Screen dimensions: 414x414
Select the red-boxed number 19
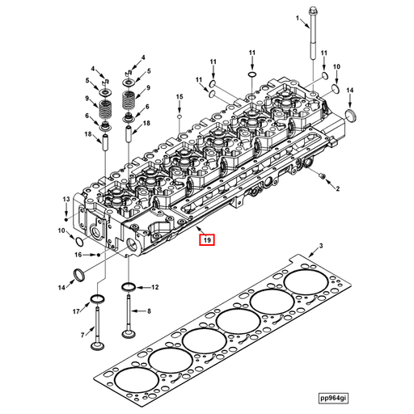click(x=207, y=239)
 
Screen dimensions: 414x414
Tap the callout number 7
click(x=82, y=334)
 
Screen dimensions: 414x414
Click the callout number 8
click(x=148, y=311)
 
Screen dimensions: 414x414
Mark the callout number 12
click(x=154, y=287)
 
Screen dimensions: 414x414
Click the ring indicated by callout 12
click(x=129, y=287)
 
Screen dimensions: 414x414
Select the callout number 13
click(x=66, y=199)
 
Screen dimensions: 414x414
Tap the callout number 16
click(x=78, y=254)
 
